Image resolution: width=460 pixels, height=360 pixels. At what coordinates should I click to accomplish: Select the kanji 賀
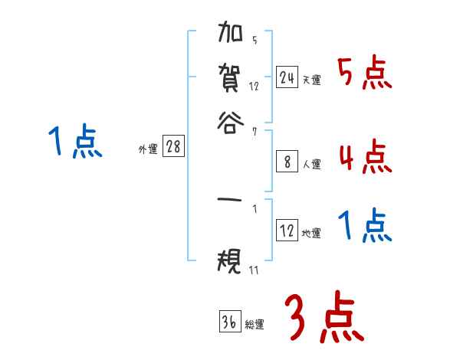232,77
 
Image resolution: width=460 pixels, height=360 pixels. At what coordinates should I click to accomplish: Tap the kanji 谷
232,122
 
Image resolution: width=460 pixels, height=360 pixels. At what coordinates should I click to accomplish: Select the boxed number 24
287,77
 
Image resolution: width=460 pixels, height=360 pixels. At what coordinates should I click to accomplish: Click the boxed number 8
287,162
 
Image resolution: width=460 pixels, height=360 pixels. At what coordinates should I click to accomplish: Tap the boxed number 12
287,231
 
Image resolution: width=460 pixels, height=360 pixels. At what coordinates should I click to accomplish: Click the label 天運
311,80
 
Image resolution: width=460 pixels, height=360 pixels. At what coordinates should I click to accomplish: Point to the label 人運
311,164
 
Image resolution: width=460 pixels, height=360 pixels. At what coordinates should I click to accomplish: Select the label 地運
311,234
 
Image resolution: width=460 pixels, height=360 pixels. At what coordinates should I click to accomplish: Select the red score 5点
365,74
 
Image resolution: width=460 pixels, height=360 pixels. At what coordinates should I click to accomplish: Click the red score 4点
365,156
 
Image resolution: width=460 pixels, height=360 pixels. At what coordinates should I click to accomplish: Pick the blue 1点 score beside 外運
75,142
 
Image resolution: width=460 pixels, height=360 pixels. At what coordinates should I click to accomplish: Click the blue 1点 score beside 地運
365,226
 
